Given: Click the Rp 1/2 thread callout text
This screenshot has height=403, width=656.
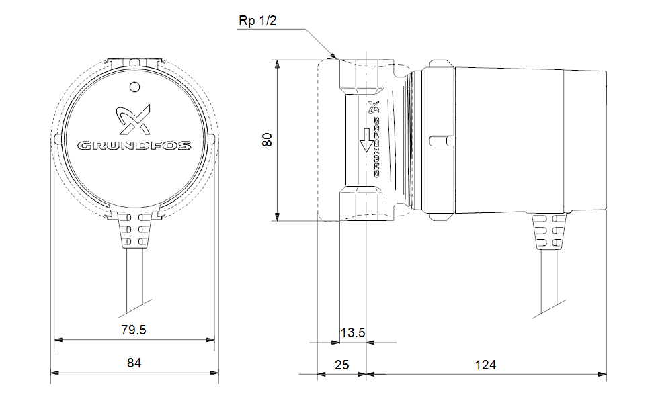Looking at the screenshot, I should [x=257, y=21].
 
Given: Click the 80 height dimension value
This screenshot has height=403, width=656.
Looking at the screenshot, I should [x=267, y=140].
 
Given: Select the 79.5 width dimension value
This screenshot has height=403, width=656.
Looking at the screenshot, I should [x=134, y=330].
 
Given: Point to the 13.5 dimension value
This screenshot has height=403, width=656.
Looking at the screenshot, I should [x=352, y=332].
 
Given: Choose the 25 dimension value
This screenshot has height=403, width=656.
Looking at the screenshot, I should [x=342, y=365].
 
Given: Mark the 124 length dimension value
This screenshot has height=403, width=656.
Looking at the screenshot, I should [x=485, y=365].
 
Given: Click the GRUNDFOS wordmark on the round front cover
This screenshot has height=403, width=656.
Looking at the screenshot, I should [x=134, y=145].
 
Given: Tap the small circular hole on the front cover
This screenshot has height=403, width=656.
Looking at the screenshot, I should [x=134, y=87].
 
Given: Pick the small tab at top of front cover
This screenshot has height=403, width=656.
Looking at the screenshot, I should [x=134, y=61].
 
